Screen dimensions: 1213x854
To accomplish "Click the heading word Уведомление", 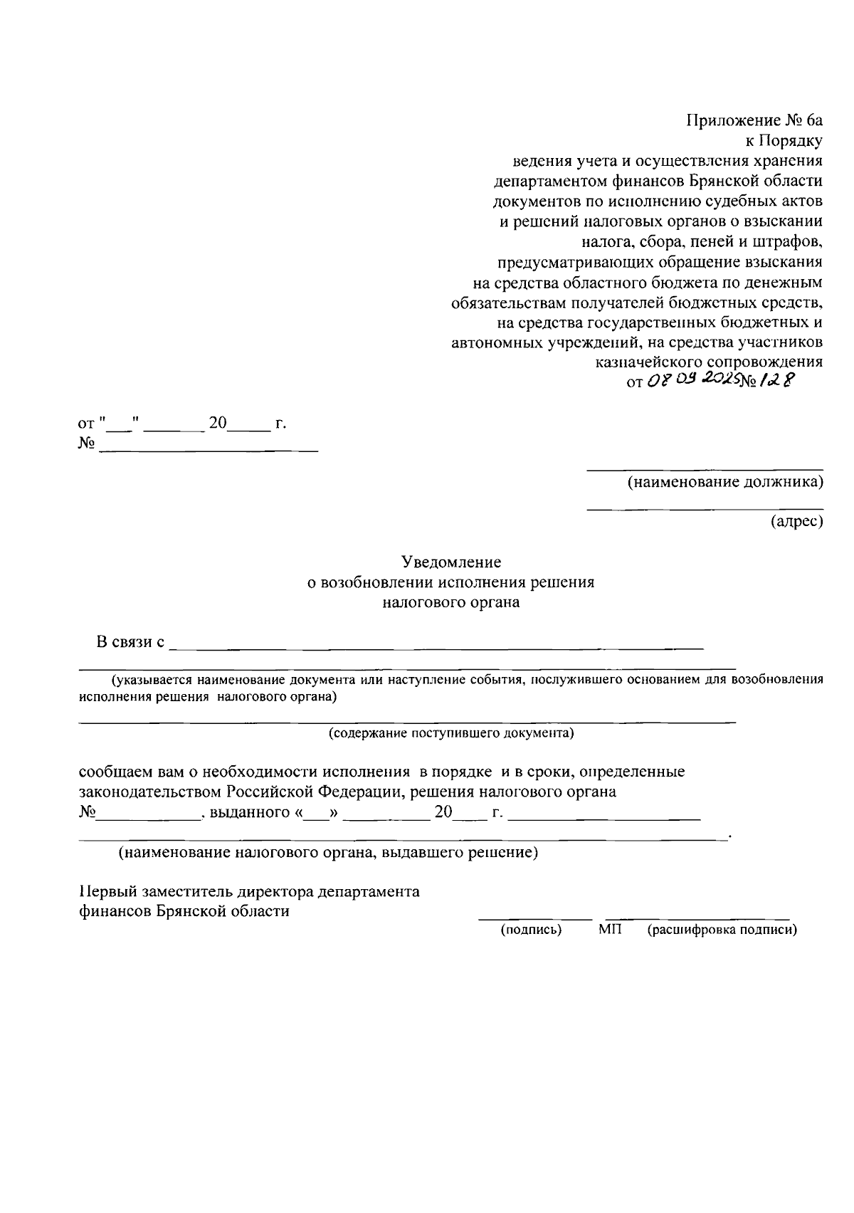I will (450, 562).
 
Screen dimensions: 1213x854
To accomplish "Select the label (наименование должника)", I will (724, 483).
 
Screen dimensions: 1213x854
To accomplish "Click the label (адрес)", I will (796, 523).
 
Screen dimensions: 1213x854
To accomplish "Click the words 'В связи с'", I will (131, 642).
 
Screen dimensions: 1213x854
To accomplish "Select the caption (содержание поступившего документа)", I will (450, 732).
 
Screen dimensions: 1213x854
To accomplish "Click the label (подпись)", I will (531, 930).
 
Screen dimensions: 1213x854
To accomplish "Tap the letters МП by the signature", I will (610, 930).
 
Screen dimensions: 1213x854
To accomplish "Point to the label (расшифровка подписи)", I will (722, 930).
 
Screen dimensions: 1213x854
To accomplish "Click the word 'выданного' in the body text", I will (249, 812).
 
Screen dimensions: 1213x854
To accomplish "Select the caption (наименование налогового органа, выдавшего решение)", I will (328, 853).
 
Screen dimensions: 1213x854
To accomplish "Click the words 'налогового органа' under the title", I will (450, 602).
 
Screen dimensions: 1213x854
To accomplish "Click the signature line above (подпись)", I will (534, 920).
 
